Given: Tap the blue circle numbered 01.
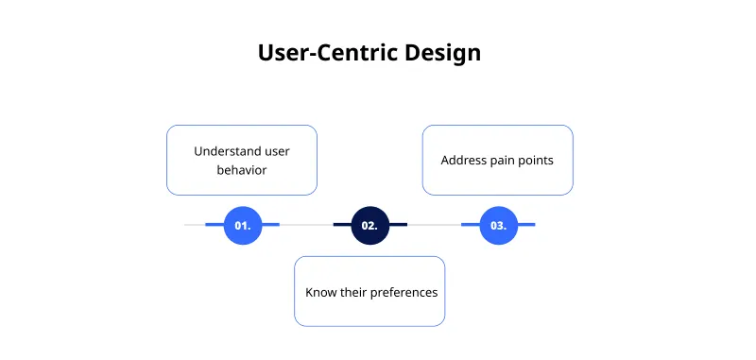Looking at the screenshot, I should point(242,225).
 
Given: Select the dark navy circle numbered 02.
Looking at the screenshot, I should point(369,225).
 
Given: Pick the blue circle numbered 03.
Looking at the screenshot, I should point(498,225).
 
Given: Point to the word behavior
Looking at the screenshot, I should point(242,170).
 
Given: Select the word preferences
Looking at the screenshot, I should point(405,292).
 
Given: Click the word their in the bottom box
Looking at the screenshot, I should point(356,292).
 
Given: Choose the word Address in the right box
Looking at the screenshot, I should point(464,160).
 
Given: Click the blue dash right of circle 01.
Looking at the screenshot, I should point(269,225).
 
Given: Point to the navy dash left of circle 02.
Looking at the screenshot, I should point(342,225).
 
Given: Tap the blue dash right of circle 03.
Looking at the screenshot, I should point(525,225).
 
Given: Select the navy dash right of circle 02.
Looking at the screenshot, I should point(397,225).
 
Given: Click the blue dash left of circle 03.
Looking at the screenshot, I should point(471,225).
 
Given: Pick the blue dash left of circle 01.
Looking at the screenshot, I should point(215,225).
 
